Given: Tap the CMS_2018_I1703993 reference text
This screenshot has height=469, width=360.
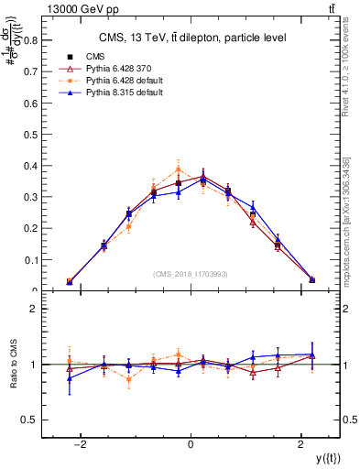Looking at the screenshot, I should [191, 274].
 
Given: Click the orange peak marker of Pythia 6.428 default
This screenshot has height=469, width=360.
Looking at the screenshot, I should [179, 169].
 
